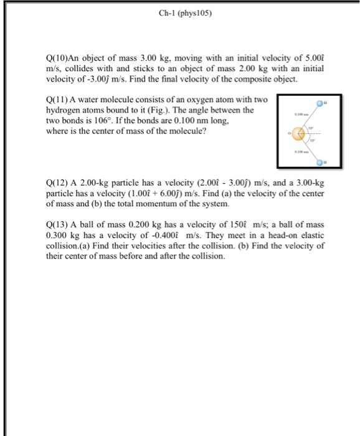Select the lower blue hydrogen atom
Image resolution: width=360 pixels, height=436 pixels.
pos(318,161)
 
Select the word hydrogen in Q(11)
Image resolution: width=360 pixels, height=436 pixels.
pos(65,111)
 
